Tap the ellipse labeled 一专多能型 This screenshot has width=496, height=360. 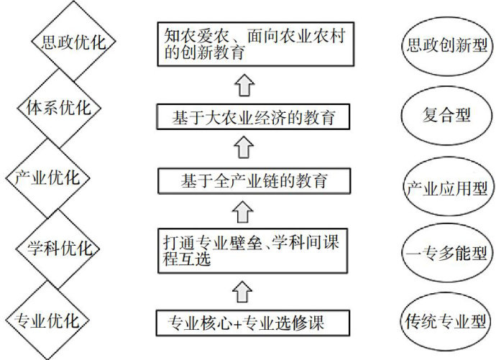[x=446, y=253]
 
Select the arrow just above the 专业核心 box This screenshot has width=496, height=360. [x=245, y=290]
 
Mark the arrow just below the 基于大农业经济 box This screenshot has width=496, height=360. [x=245, y=148]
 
